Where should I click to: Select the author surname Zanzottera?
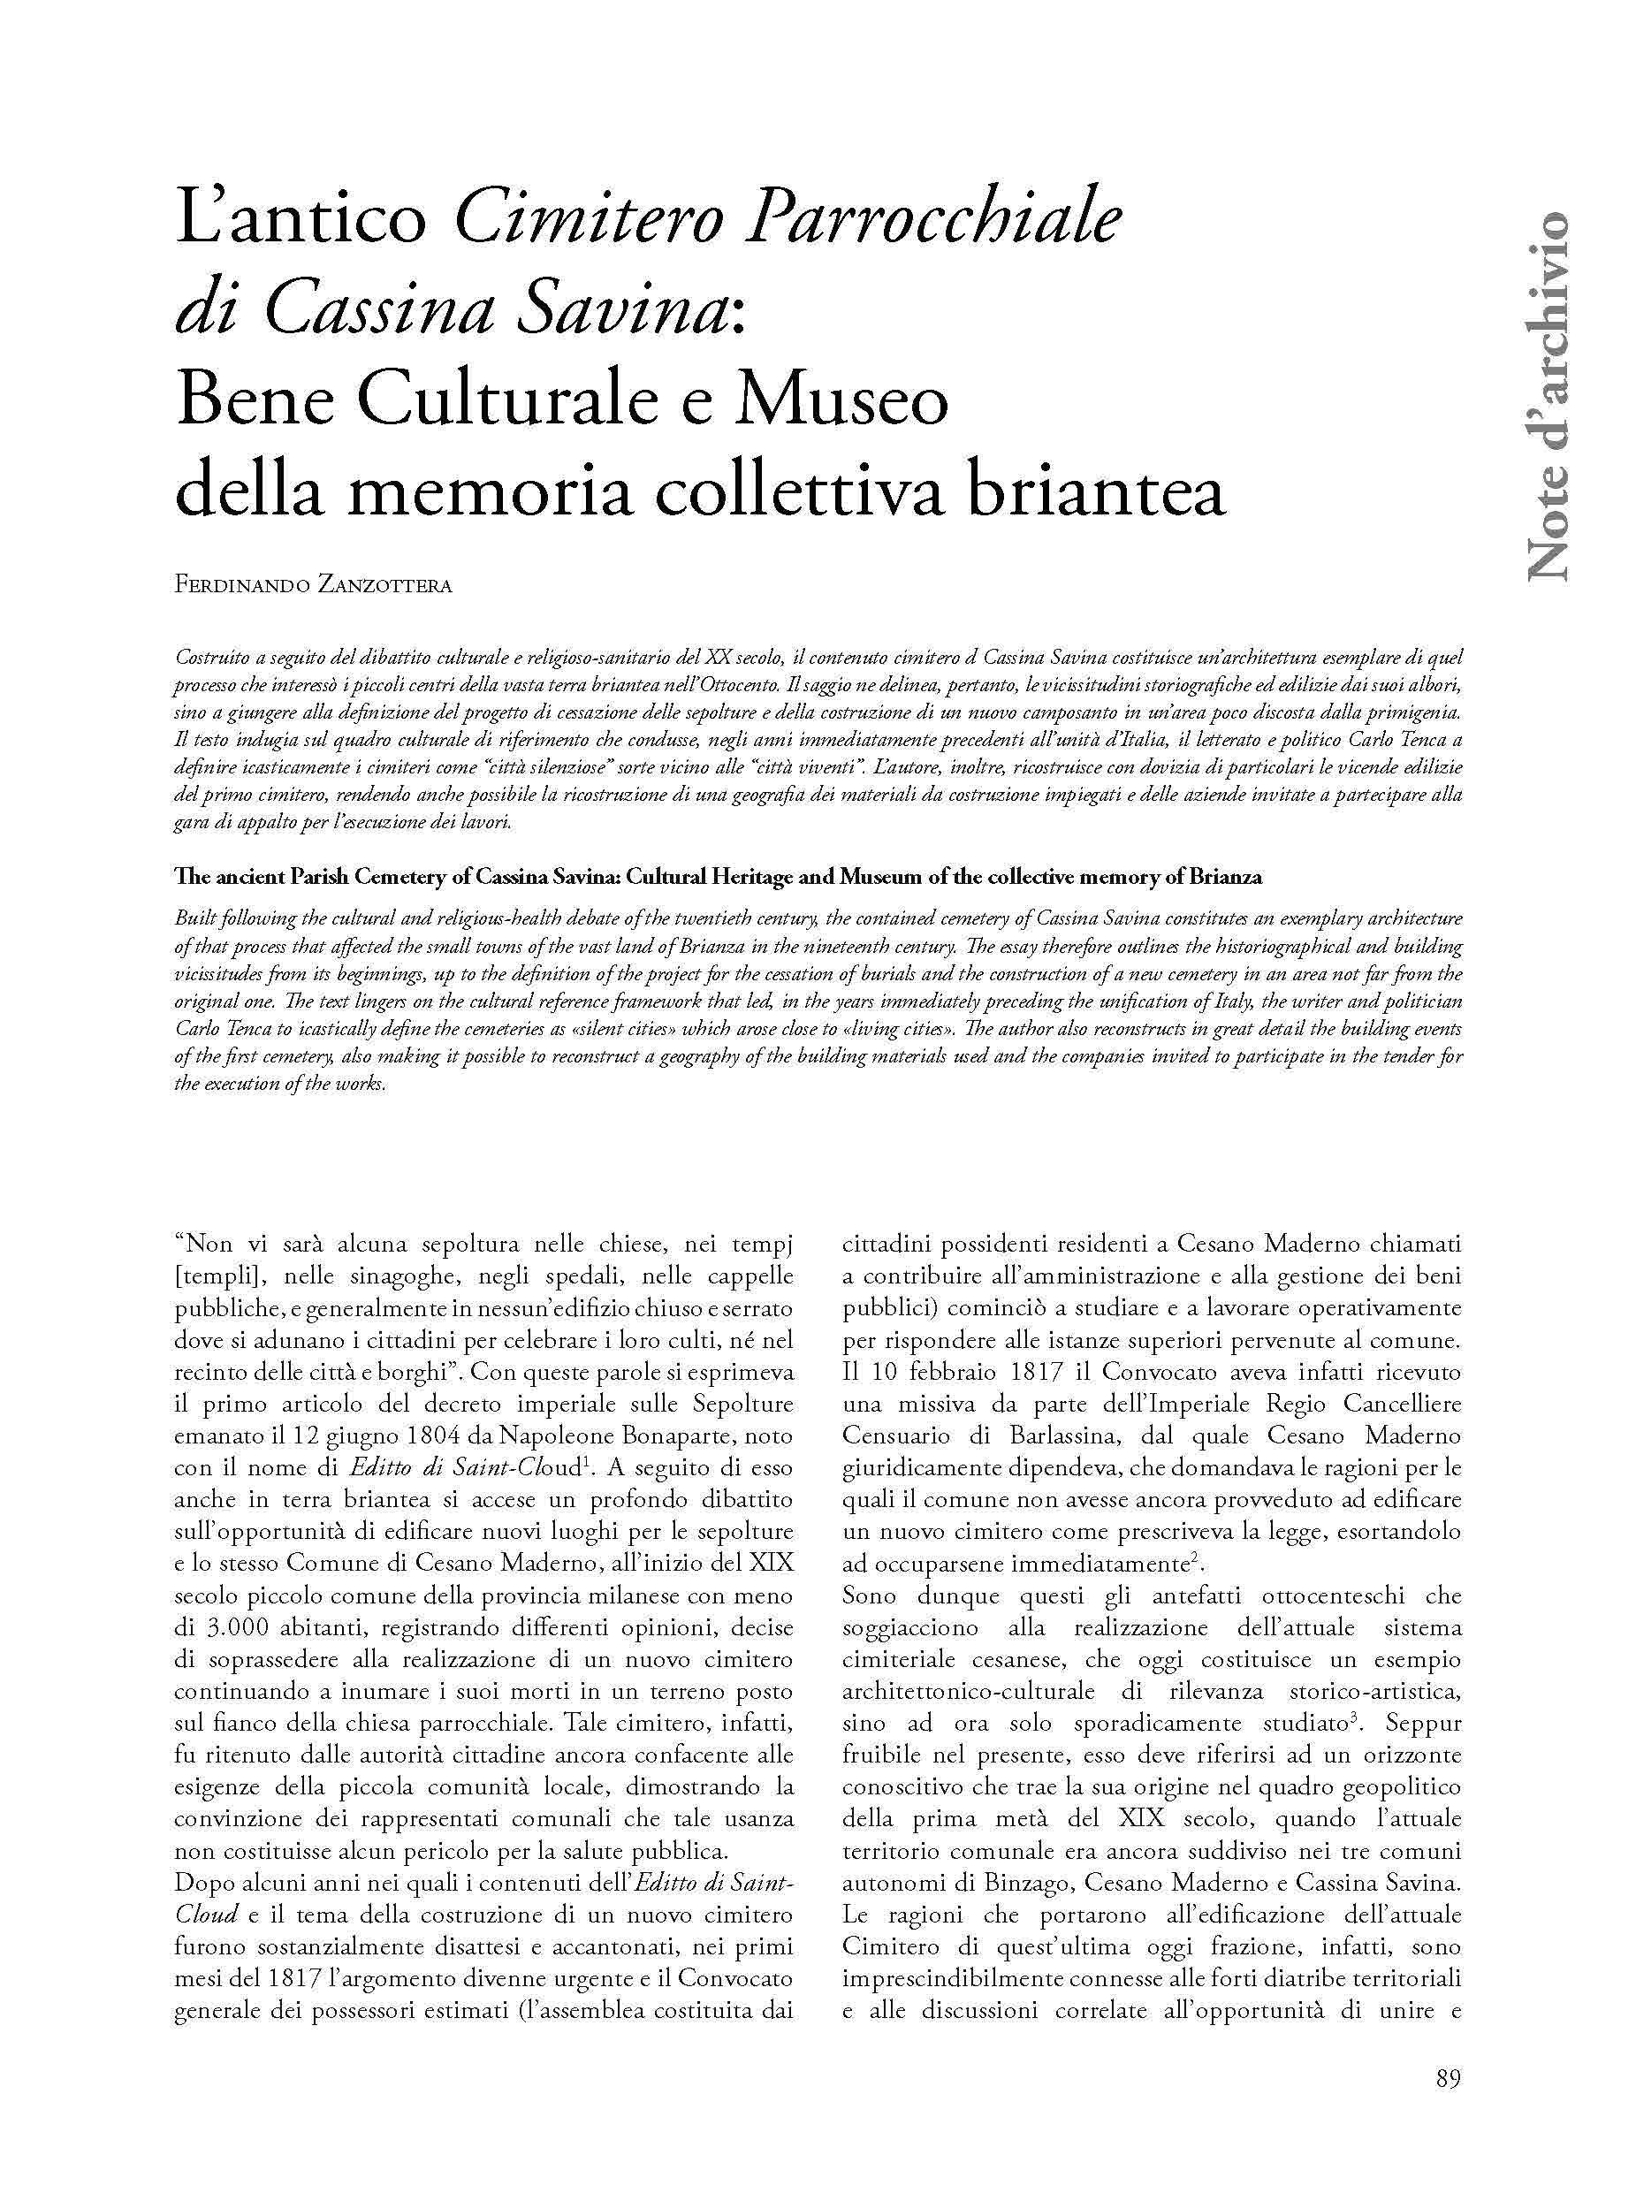[384, 585]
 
